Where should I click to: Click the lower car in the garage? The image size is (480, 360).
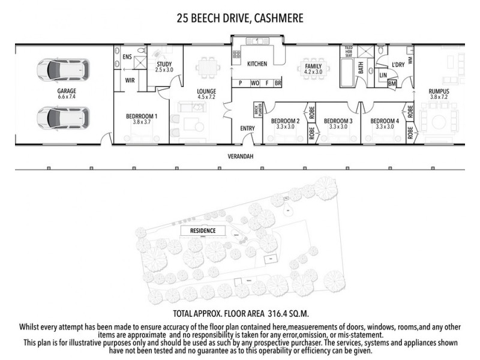[62, 118]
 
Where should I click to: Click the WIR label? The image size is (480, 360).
[130, 79]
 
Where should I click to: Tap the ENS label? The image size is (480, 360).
[127, 56]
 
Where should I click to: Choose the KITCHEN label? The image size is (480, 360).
[257, 64]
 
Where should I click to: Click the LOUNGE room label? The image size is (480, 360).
[206, 92]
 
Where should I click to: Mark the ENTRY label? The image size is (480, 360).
[247, 128]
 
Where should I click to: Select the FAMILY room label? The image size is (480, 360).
[313, 66]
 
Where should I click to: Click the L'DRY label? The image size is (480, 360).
[397, 64]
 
